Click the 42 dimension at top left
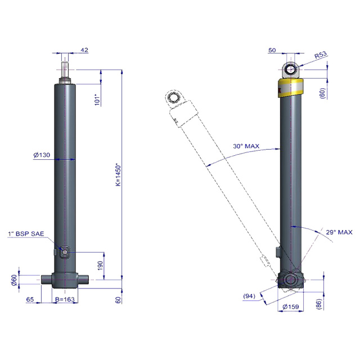[84, 50]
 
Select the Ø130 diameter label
[42, 155]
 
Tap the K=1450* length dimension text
[118, 174]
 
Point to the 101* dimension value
[97, 100]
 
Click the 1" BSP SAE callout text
[26, 234]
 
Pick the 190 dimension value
[100, 265]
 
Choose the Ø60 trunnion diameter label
[14, 280]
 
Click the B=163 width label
[65, 299]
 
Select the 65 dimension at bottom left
[30, 299]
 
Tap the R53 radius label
[321, 55]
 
